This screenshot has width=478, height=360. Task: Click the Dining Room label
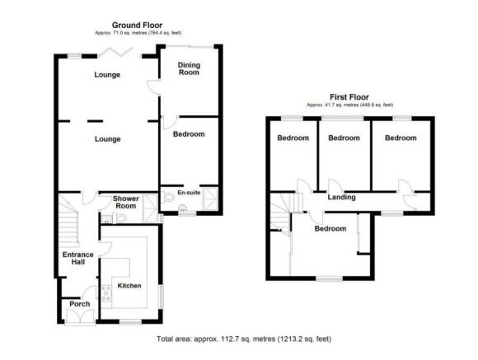pos(189,68)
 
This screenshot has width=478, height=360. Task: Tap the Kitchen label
pos(129,286)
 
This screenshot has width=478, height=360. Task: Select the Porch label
pos(80,304)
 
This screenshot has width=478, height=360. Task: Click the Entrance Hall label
pos(78,258)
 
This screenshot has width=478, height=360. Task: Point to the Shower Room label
pos(126,203)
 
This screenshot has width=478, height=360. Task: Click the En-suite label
pos(189,192)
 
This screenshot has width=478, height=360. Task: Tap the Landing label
pos(341,197)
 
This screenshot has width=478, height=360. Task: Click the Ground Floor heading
pos(137,25)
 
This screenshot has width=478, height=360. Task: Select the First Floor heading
pos(349,97)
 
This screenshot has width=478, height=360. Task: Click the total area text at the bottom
pos(244,339)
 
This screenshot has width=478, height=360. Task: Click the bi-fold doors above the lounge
pos(116,52)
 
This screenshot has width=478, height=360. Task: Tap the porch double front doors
pos(80,316)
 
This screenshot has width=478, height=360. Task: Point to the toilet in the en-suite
pos(167,197)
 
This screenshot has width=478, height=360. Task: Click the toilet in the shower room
pos(120,218)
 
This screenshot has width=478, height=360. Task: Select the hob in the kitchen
pos(106,293)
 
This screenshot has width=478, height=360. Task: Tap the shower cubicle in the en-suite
pos(210,199)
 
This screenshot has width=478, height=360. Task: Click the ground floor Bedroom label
pos(189,134)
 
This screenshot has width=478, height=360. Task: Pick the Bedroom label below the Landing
pos(330,229)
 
